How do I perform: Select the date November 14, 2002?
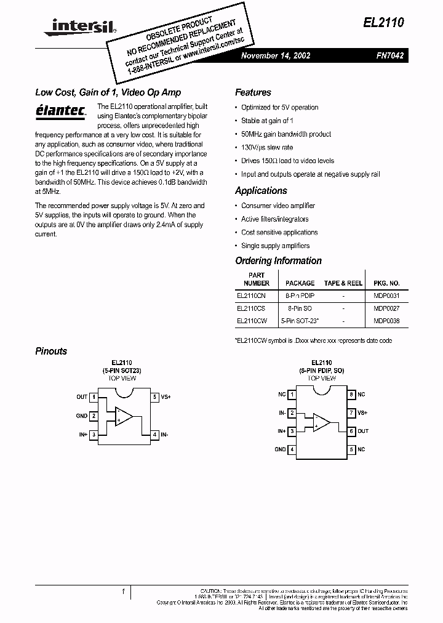click(275, 55)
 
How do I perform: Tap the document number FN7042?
click(389, 55)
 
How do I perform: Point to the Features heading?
click(253, 92)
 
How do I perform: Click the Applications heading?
click(261, 191)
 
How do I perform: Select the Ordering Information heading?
click(278, 260)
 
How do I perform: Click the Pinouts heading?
click(51, 351)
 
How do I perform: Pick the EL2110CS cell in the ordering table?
click(251, 308)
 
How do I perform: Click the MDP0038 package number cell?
click(386, 321)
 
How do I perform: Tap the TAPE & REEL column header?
click(343, 283)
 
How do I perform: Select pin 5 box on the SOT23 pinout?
click(154, 397)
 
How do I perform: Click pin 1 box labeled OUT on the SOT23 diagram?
click(93, 397)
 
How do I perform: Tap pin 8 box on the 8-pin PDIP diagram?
click(351, 394)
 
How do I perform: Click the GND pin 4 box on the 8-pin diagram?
click(292, 449)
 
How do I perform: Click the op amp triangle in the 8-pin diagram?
click(321, 422)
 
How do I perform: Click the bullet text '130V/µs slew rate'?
click(267, 147)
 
